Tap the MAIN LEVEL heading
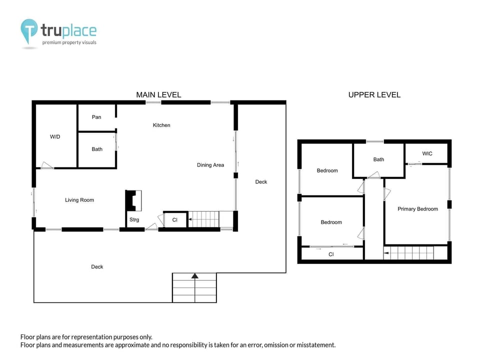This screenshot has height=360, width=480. pyautogui.click(x=158, y=94)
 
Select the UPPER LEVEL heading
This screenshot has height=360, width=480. pyautogui.click(x=374, y=94)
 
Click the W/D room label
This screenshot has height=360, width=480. pyautogui.click(x=55, y=136)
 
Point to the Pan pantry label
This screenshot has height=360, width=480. pyautogui.click(x=96, y=117)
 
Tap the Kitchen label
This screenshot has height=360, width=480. pyautogui.click(x=161, y=125)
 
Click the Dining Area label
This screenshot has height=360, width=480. pyautogui.click(x=210, y=165)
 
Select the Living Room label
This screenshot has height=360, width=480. pyautogui.click(x=79, y=200)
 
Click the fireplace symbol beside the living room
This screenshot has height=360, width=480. pyautogui.click(x=134, y=200)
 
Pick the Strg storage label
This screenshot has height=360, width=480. pyautogui.click(x=134, y=219)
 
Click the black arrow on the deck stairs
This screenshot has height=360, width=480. pyautogui.click(x=194, y=275)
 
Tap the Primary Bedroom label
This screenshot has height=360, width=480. pyautogui.click(x=417, y=209)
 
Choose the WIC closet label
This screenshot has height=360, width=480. pyautogui.click(x=427, y=153)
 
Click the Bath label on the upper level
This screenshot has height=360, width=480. pyautogui.click(x=378, y=159)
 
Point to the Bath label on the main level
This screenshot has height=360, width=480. pyautogui.click(x=97, y=149)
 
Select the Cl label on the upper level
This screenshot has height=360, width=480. pyautogui.click(x=331, y=254)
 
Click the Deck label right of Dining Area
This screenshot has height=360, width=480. pyautogui.click(x=261, y=181)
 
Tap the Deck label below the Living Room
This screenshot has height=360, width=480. pyautogui.click(x=97, y=266)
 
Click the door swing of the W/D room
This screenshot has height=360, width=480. pyautogui.click(x=46, y=165)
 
